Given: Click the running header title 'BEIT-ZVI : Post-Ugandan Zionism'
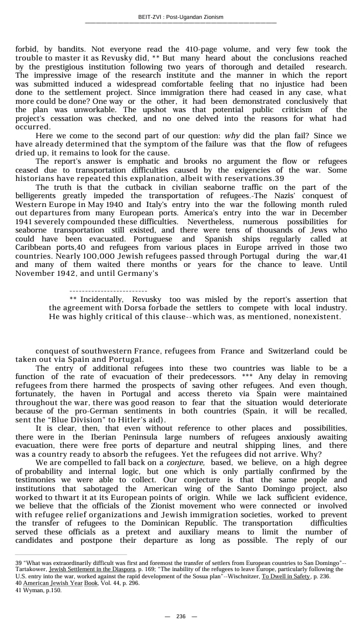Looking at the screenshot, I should coord(180,17).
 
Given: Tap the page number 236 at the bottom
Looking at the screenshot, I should coord(181,616).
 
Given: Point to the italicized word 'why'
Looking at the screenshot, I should coord(232,136).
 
